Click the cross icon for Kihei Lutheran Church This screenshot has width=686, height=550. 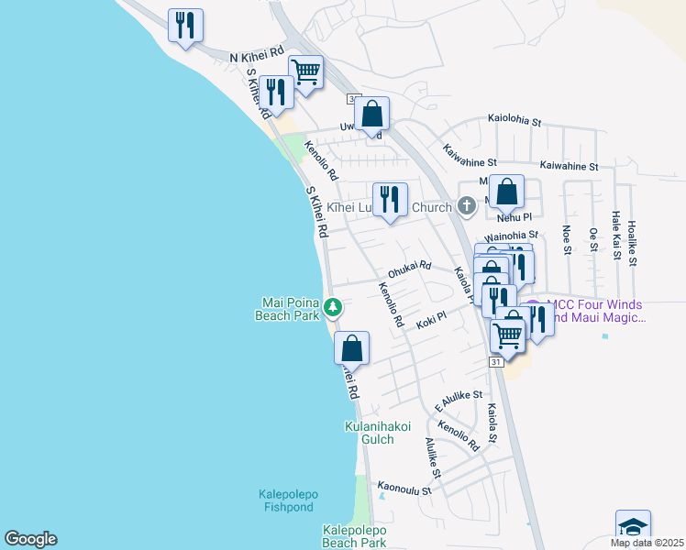(x=467, y=206)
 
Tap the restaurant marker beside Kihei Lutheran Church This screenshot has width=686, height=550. (x=390, y=201)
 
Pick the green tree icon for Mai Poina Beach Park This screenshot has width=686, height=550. (x=335, y=306)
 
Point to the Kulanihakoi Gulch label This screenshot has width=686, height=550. (x=377, y=433)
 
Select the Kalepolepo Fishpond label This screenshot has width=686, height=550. (x=285, y=500)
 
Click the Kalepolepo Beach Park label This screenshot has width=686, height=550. (x=354, y=536)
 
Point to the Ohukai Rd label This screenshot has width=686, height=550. (x=409, y=268)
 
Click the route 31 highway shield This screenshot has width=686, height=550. (x=495, y=363)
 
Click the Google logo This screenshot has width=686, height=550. (x=30, y=539)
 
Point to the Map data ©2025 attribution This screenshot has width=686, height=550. (x=646, y=543)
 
